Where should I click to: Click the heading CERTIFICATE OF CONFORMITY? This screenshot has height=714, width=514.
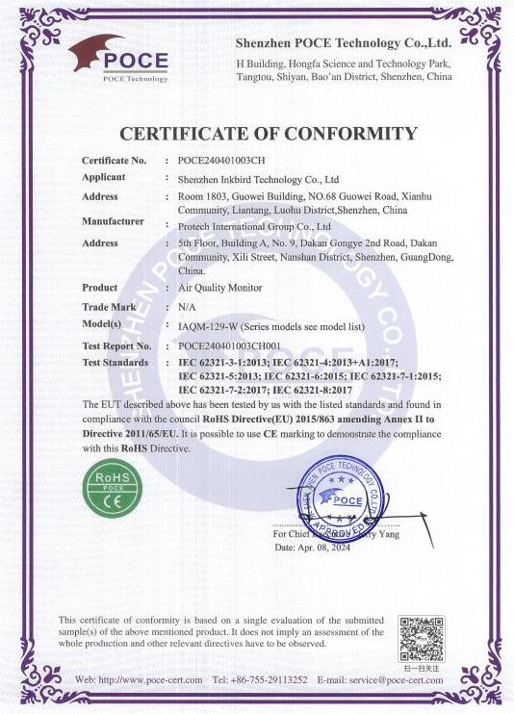coord(267,134)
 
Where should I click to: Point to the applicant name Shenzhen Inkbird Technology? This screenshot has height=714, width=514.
coord(258,179)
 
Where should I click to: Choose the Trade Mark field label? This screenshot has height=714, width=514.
coord(108,306)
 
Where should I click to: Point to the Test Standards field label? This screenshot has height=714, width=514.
coord(116,363)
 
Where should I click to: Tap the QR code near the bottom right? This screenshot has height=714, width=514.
coord(422,637)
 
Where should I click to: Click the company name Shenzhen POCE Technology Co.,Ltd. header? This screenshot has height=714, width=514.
coord(344,43)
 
